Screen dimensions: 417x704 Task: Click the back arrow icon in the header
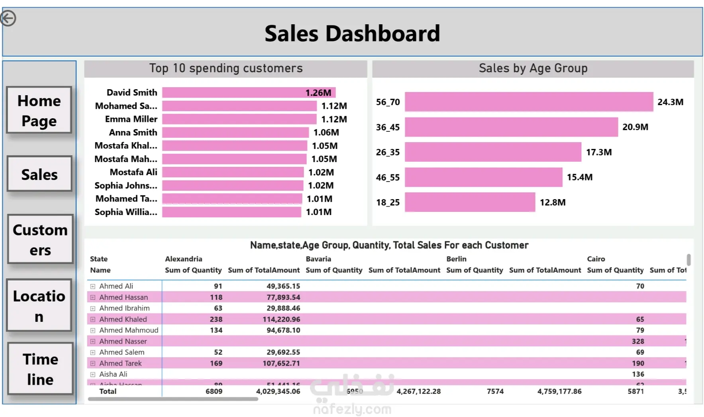pos(8,18)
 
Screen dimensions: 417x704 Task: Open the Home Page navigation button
pos(39,110)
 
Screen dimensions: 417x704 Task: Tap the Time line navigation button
pos(40,369)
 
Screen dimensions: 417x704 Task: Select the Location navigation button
pos(39,305)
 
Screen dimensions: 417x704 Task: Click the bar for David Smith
pos(249,93)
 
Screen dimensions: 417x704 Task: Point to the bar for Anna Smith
pos(235,133)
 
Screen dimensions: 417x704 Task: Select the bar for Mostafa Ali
pos(233,172)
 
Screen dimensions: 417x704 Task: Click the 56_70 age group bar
pos(529,102)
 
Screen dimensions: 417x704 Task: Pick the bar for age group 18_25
pos(470,202)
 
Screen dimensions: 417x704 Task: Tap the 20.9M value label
pos(635,127)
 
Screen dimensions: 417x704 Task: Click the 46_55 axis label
pos(388,177)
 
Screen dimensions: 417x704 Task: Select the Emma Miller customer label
pos(131,119)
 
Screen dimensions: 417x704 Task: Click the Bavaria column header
pos(318,259)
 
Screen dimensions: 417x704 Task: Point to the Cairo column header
pos(596,259)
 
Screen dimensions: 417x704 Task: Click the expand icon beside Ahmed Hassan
pos(93,298)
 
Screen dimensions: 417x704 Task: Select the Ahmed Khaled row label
pos(123,319)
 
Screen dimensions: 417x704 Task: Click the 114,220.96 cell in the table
pos(281,319)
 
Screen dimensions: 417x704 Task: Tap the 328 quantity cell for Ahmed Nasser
pos(637,341)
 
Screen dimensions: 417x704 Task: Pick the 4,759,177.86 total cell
pos(559,392)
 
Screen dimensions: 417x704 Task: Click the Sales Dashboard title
pos(352,33)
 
